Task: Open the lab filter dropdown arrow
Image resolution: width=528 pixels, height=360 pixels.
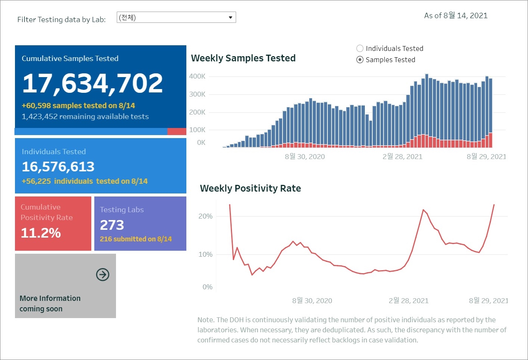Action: (231, 18)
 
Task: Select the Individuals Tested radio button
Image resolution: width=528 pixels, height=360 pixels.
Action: (360, 48)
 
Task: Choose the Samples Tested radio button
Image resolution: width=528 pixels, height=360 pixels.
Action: (360, 60)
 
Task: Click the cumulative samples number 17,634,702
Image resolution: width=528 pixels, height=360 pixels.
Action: (92, 83)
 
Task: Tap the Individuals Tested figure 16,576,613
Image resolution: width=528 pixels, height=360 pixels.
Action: (58, 167)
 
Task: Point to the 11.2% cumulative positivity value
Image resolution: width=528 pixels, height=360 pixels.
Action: (40, 233)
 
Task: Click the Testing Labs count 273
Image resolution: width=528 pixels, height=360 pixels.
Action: (112, 225)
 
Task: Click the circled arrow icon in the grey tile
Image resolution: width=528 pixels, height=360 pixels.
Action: (103, 274)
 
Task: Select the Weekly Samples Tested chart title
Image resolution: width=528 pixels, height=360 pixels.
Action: (243, 58)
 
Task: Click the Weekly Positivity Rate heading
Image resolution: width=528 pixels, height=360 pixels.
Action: (250, 188)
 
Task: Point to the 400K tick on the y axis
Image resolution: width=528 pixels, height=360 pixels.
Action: (197, 76)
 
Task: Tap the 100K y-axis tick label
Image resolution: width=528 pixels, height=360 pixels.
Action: (197, 130)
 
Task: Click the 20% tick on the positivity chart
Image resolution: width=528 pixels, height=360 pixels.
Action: (205, 216)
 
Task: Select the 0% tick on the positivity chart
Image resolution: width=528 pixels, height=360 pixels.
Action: (207, 287)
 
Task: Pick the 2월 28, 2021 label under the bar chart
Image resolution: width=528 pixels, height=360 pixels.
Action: (402, 156)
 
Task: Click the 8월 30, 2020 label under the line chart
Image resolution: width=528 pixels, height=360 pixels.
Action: (312, 300)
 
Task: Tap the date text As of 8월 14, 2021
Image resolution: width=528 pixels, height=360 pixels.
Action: (456, 16)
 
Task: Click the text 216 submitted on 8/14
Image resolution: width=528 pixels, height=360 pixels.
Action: (136, 239)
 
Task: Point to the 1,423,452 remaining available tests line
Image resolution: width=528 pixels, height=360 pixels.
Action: (85, 116)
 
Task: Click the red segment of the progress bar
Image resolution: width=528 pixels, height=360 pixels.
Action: (177, 131)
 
